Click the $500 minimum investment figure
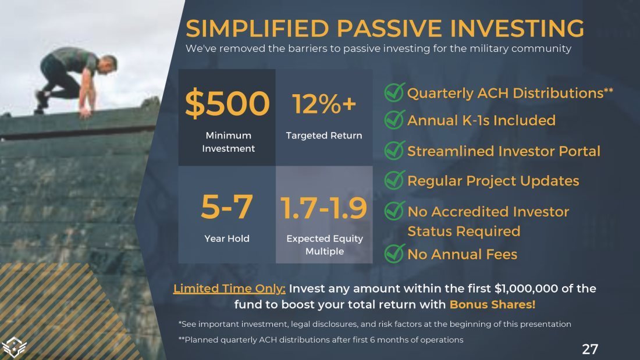click(227, 104)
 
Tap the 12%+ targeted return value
click(324, 104)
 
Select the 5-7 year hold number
click(227, 206)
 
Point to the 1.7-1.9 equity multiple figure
click(323, 208)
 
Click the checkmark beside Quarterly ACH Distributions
click(394, 92)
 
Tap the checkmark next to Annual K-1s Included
click(394, 120)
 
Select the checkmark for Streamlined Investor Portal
click(394, 150)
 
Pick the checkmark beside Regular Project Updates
click(394, 180)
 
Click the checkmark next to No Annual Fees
click(394, 254)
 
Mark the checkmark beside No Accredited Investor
click(394, 211)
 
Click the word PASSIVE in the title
click(389, 28)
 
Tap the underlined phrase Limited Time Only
click(229, 288)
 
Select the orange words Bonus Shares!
click(492, 305)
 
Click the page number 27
click(590, 349)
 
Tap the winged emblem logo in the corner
click(14, 347)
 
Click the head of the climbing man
click(109, 63)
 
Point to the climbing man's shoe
click(41, 99)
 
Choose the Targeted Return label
click(324, 136)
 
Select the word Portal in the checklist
click(579, 151)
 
